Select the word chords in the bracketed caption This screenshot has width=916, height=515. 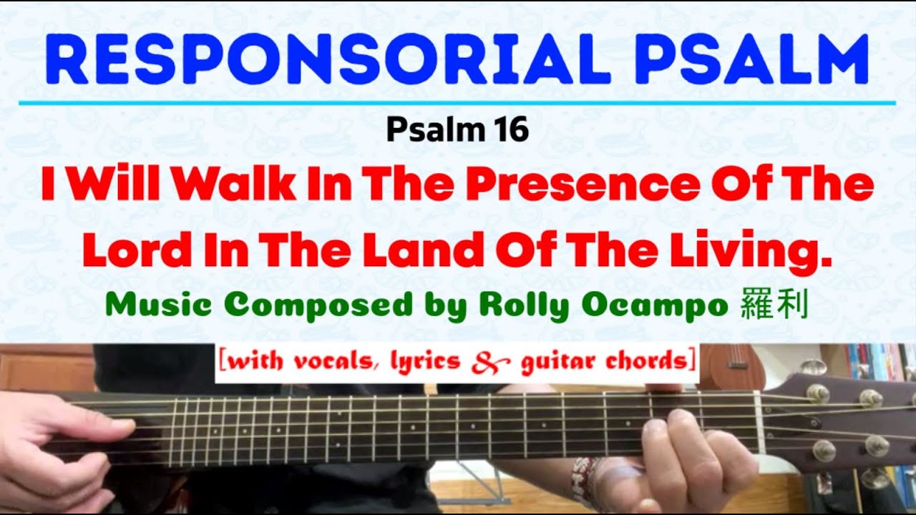(x=643, y=362)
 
